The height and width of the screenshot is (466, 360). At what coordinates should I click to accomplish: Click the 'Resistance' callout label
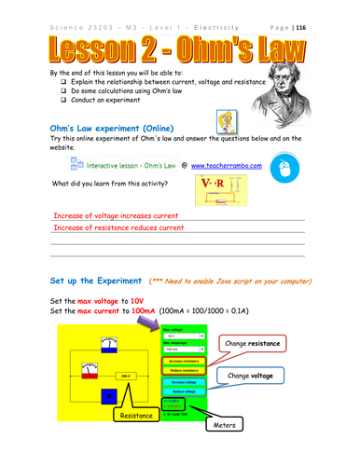pyautogui.click(x=135, y=418)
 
